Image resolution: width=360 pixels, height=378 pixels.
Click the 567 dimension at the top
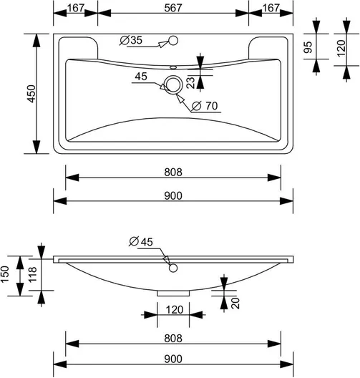coord(172,8)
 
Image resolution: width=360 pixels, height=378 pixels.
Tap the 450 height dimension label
coord(31,94)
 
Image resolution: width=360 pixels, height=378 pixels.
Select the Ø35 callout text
coord(131,40)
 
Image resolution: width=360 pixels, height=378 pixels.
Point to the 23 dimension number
coord(190,83)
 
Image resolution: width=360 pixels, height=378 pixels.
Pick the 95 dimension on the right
coord(308,47)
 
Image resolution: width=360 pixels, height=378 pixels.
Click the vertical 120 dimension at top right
coord(341,48)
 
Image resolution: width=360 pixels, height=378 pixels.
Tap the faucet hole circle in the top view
coord(173,41)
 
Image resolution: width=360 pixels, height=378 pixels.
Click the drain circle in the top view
coord(173,84)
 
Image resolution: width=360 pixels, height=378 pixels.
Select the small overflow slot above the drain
coord(173,67)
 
